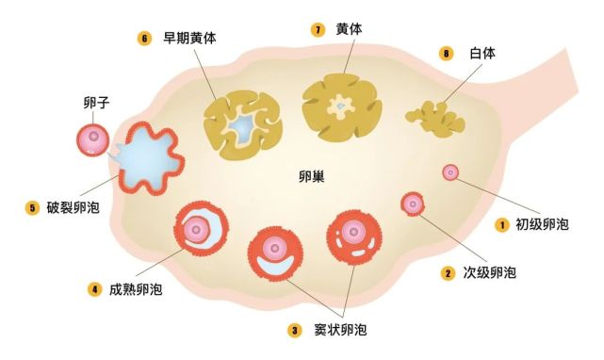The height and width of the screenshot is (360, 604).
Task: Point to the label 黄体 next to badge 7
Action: [349, 29]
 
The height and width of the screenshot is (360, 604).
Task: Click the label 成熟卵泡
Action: [135, 288]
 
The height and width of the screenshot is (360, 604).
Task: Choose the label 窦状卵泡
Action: [340, 330]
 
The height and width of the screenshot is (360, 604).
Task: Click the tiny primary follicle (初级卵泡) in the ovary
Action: [450, 172]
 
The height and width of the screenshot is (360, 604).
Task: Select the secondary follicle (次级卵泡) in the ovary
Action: [413, 203]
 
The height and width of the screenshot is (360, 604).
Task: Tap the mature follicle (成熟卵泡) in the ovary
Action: [201, 228]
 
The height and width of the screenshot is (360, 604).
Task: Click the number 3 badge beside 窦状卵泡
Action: [295, 330]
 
